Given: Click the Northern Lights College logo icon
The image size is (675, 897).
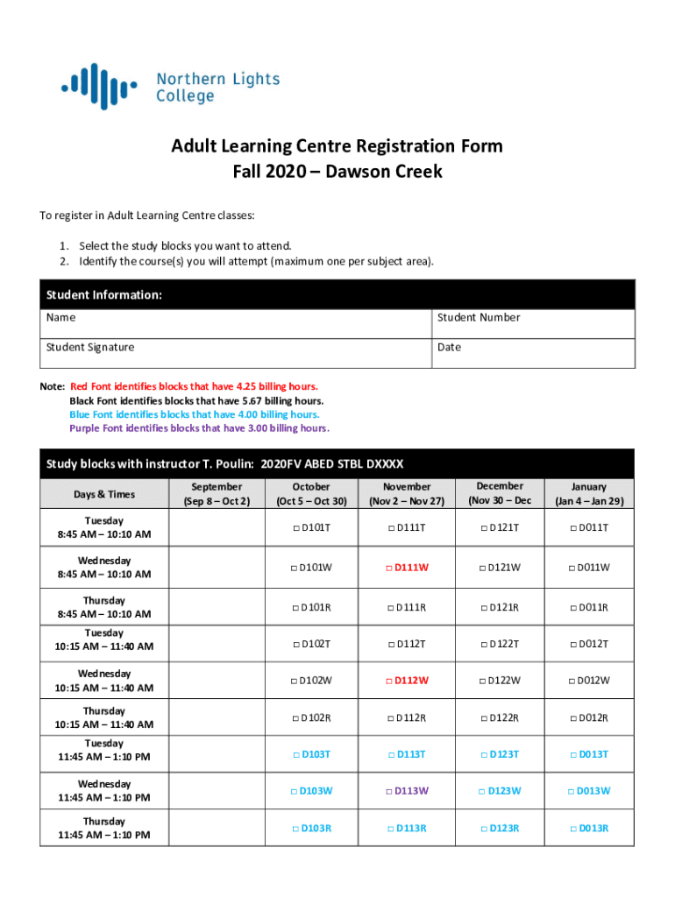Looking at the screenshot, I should point(99,86).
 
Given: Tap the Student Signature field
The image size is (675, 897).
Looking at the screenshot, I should point(237,353).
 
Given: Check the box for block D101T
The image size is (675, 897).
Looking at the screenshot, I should point(296,528).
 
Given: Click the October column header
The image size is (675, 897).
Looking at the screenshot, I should point(311,493).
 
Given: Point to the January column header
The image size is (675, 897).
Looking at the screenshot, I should point(588,493).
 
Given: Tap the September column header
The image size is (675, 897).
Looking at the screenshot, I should point(217,493).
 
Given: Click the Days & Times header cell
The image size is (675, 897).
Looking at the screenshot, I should point(104,494).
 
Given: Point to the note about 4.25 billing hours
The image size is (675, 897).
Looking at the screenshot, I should point(194,386).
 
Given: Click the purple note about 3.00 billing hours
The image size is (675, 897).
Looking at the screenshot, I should point(199,428).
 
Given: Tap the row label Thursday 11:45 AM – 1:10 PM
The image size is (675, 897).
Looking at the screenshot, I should point(104,829).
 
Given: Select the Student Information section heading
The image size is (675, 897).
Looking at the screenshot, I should point(104,295).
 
